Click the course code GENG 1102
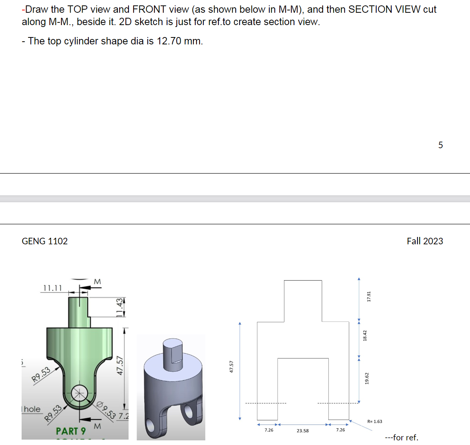[x=45, y=241]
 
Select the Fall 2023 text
[x=424, y=241]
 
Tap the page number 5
[x=440, y=145]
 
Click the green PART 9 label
[x=71, y=431]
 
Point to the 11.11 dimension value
[x=52, y=288]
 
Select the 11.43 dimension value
[x=120, y=307]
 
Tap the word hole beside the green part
[x=32, y=409]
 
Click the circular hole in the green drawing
[x=79, y=393]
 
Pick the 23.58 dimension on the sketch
[x=303, y=431]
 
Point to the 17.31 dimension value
[x=369, y=296]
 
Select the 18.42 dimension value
[x=365, y=335]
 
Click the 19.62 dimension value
[x=367, y=378]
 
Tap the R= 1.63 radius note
[x=375, y=421]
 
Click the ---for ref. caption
[x=401, y=438]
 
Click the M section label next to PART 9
[x=97, y=426]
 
